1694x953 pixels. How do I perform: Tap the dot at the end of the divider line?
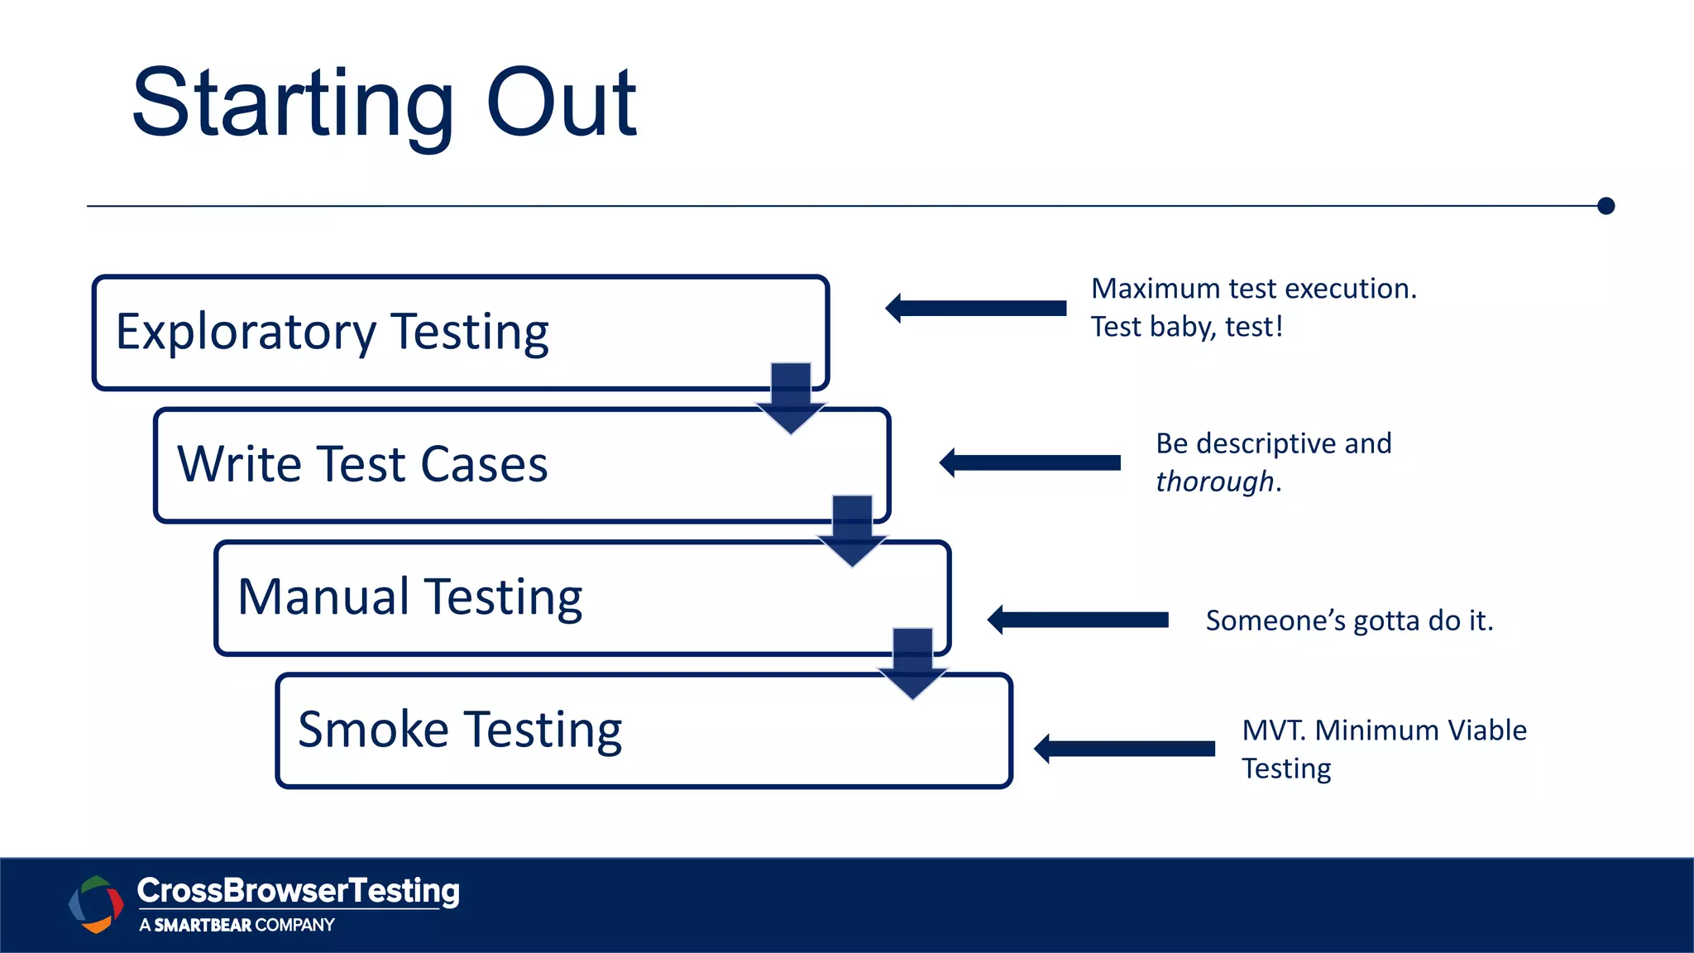coord(1605,206)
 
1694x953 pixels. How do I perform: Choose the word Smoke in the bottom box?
coord(373,730)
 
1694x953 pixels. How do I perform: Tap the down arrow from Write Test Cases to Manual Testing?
coord(852,530)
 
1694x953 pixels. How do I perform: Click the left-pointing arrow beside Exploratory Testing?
coord(976,309)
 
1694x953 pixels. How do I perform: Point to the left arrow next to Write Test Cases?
coord(1030,462)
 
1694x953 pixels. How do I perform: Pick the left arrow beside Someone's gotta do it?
coord(1078,620)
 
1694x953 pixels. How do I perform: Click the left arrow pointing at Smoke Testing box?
coord(1124,749)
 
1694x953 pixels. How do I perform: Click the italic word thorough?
coord(1214,481)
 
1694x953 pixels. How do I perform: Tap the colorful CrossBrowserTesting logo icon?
coord(96,904)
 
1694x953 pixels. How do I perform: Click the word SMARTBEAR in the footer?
coord(203,925)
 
